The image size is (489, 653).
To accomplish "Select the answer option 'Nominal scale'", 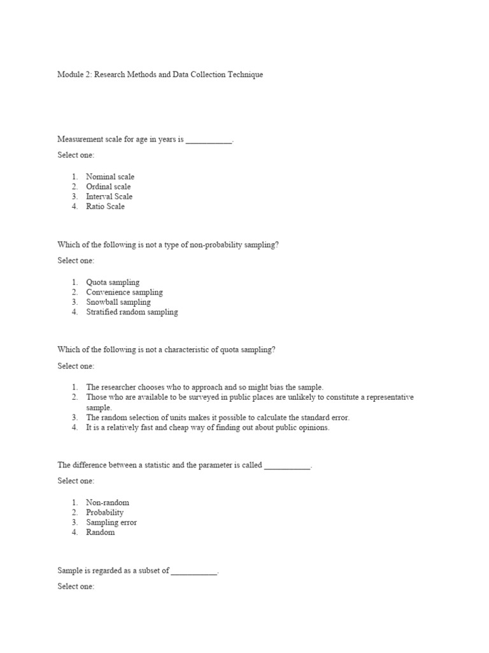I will point(110,177).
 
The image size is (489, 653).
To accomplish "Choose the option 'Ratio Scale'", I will point(105,207).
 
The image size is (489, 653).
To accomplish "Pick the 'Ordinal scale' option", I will point(108,187).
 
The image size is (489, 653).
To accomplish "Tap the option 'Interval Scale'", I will point(109,196).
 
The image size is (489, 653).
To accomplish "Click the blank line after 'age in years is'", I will point(209,139).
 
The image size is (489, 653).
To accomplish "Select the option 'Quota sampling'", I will point(113,282).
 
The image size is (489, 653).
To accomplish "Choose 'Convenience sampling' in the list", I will point(124,293).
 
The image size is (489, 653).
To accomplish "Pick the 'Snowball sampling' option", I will point(118,302).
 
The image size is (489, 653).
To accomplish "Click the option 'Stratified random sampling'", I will point(132,312).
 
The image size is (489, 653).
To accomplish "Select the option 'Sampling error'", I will point(111,523).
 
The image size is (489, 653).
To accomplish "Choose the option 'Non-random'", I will point(108,503).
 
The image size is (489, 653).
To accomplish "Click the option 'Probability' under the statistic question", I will point(105,513).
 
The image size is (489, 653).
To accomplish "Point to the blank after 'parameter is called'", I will point(287,466).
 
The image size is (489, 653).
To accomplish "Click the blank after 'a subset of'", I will point(194,571).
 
